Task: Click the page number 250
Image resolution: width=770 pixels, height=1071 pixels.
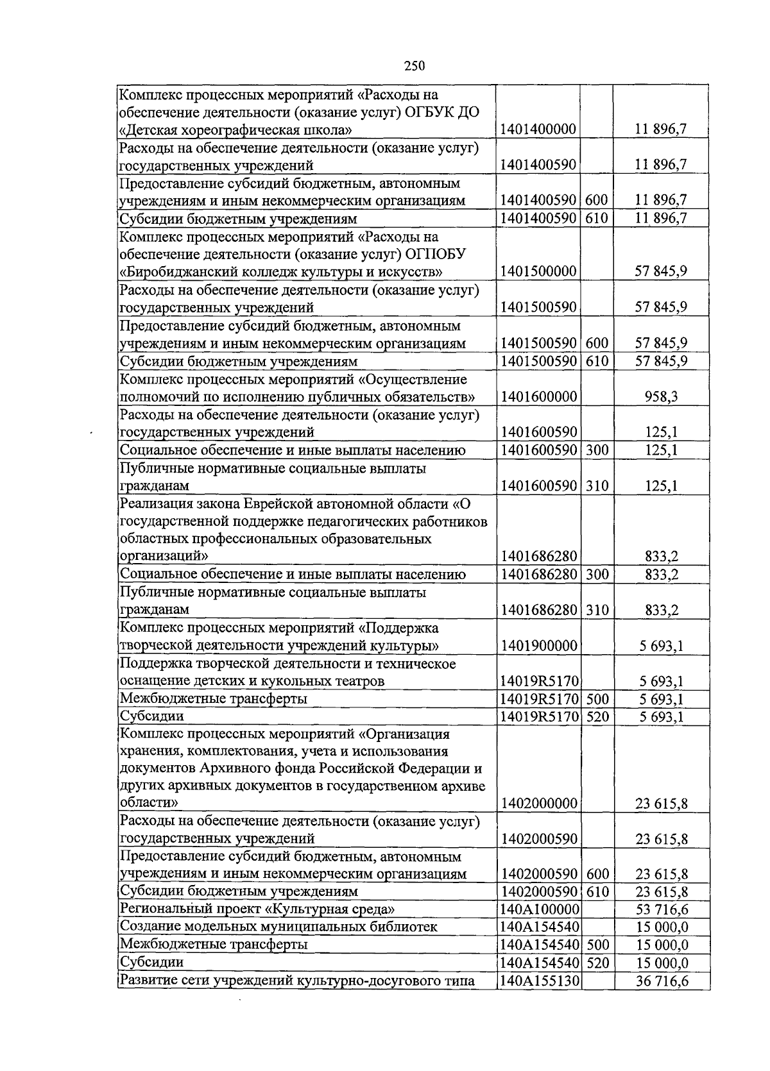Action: click(415, 65)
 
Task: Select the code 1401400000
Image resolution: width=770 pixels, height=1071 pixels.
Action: click(539, 130)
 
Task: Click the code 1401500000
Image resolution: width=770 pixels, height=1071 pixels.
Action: click(539, 271)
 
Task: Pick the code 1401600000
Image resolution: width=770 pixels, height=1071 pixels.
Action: click(539, 397)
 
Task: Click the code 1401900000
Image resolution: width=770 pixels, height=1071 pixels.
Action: click(539, 646)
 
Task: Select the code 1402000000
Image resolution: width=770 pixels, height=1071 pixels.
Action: click(539, 804)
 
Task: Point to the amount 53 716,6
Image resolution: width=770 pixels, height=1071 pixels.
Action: click(662, 910)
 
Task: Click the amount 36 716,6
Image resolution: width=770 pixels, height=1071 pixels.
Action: click(662, 981)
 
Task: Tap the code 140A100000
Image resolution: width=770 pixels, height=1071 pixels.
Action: click(539, 910)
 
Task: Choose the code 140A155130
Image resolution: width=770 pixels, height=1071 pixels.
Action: click(539, 981)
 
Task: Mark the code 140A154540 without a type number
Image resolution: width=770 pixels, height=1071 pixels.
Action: click(539, 927)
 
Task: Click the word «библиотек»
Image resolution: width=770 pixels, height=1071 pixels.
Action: click(406, 927)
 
